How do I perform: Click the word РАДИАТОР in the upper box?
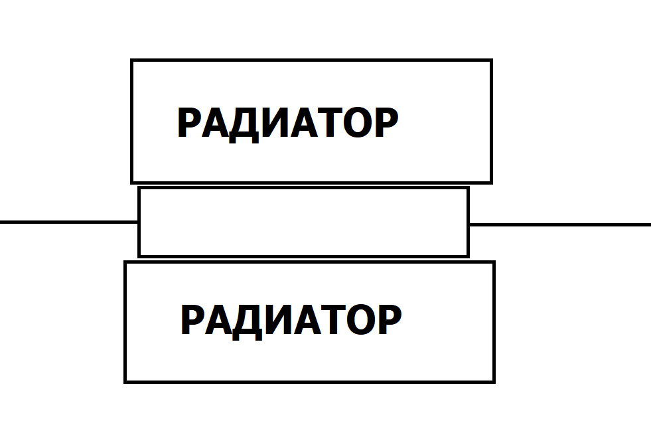[287, 123]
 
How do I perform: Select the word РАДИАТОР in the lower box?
[291, 320]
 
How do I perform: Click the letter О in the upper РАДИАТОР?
[356, 123]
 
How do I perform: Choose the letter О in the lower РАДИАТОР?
[360, 320]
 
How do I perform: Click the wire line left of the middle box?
[66, 222]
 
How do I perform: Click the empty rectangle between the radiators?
[303, 222]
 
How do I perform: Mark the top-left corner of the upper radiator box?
[133, 61]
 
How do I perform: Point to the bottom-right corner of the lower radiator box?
[494, 381]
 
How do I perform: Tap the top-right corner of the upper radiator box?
[490, 61]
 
